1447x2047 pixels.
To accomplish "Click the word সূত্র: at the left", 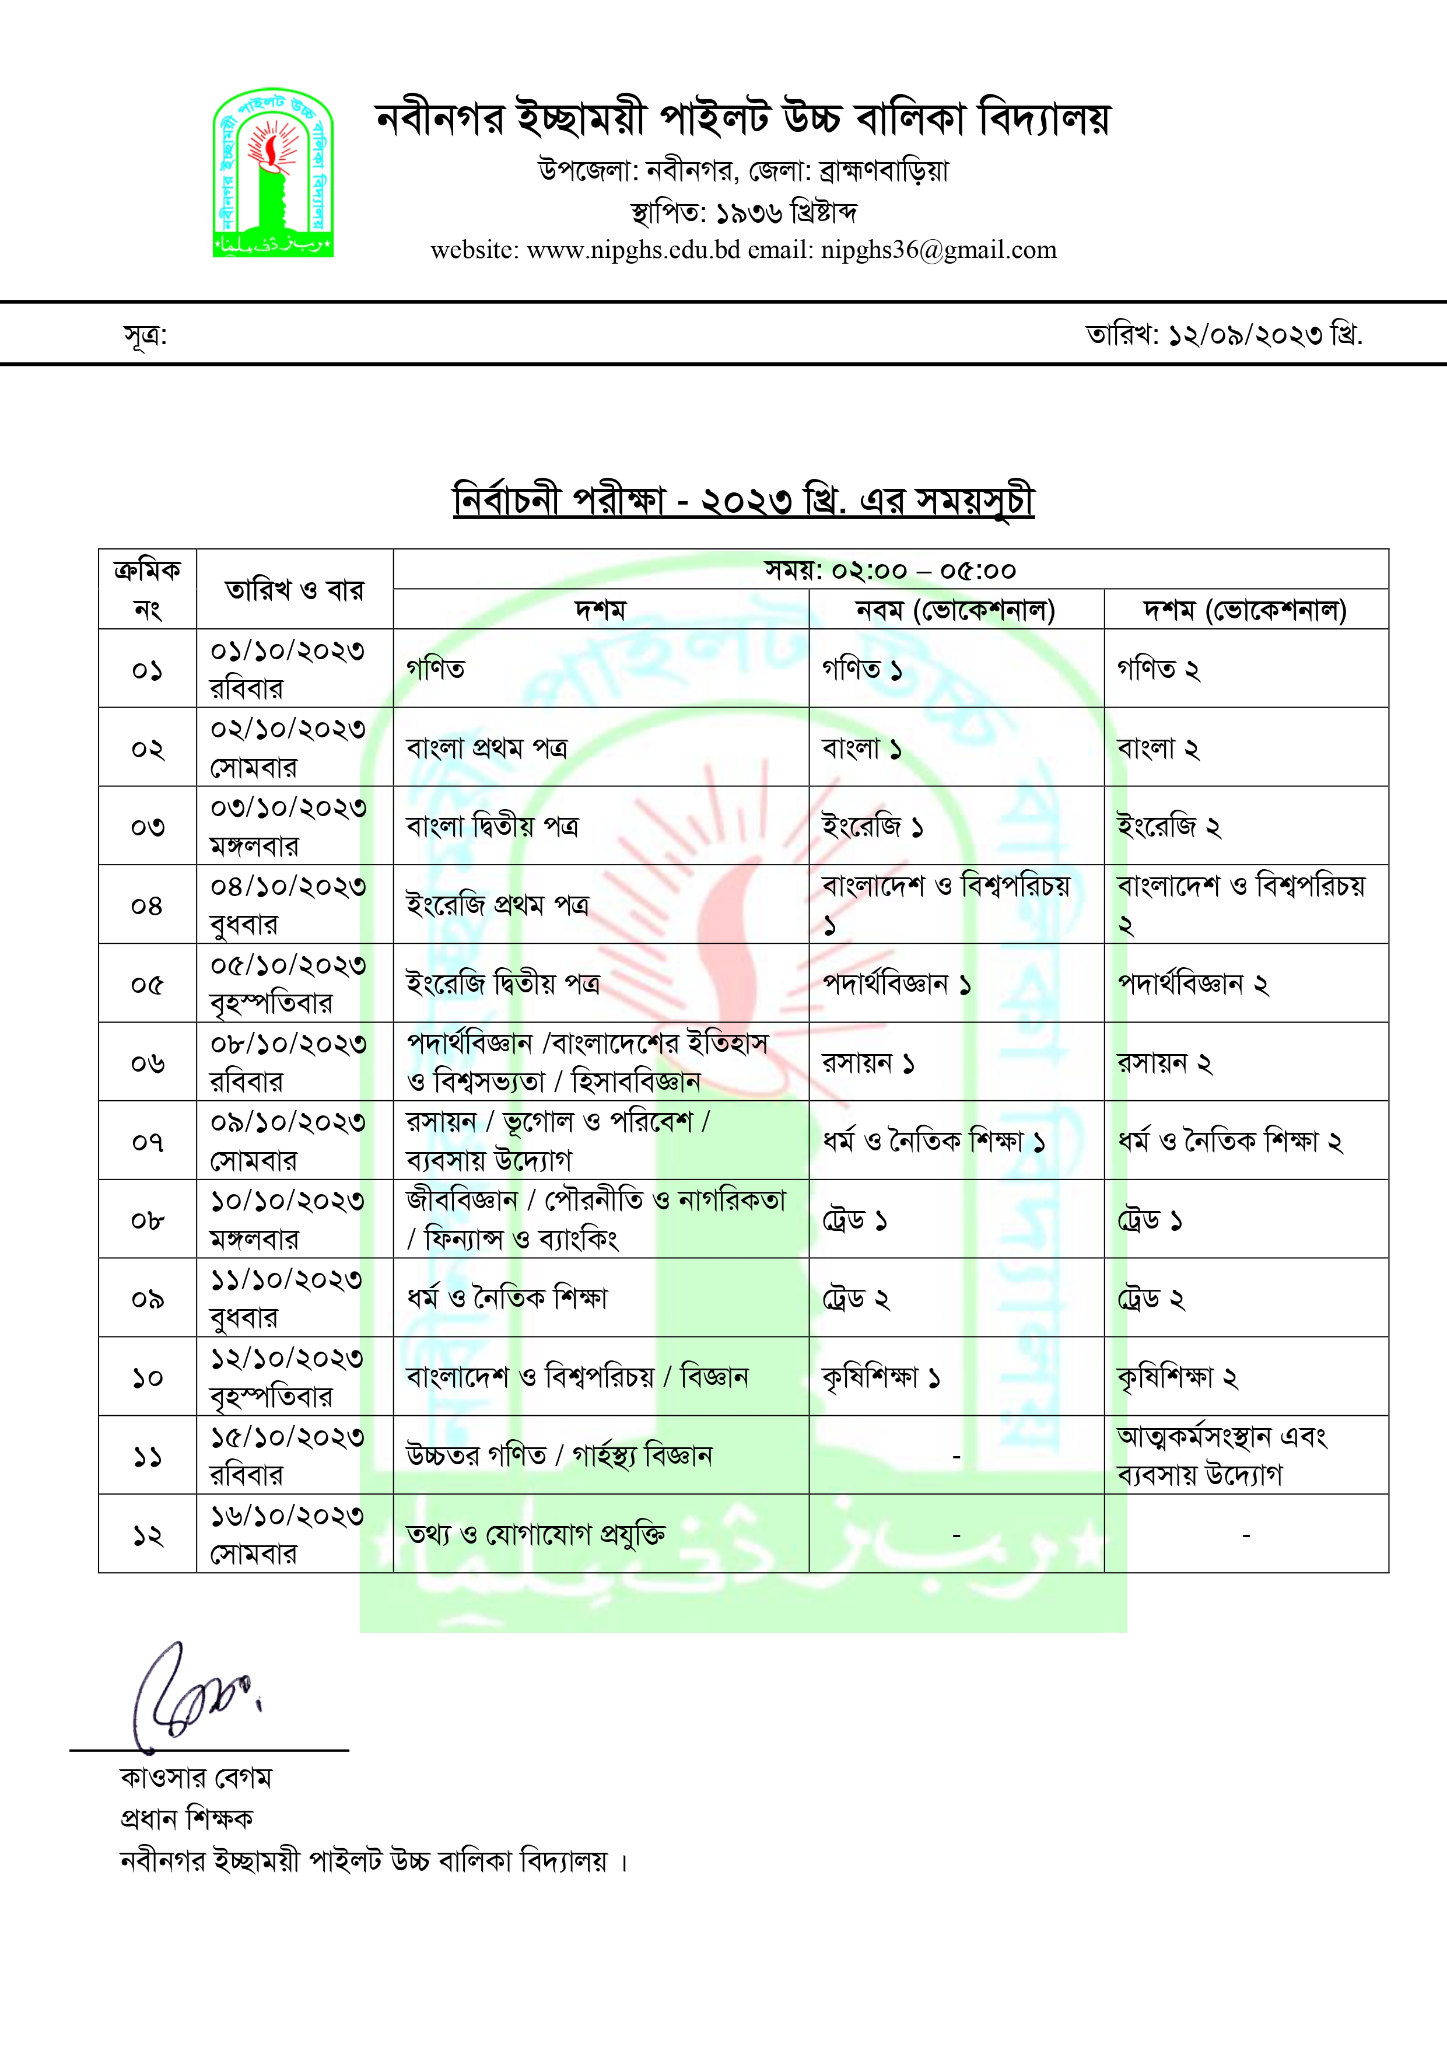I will coord(145,335).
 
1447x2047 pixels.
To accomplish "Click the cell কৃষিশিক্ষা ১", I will coord(881,1377).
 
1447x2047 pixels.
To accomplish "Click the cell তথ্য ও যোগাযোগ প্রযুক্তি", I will coord(535,1534).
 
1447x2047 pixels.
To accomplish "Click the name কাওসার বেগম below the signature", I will coord(196,1777).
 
